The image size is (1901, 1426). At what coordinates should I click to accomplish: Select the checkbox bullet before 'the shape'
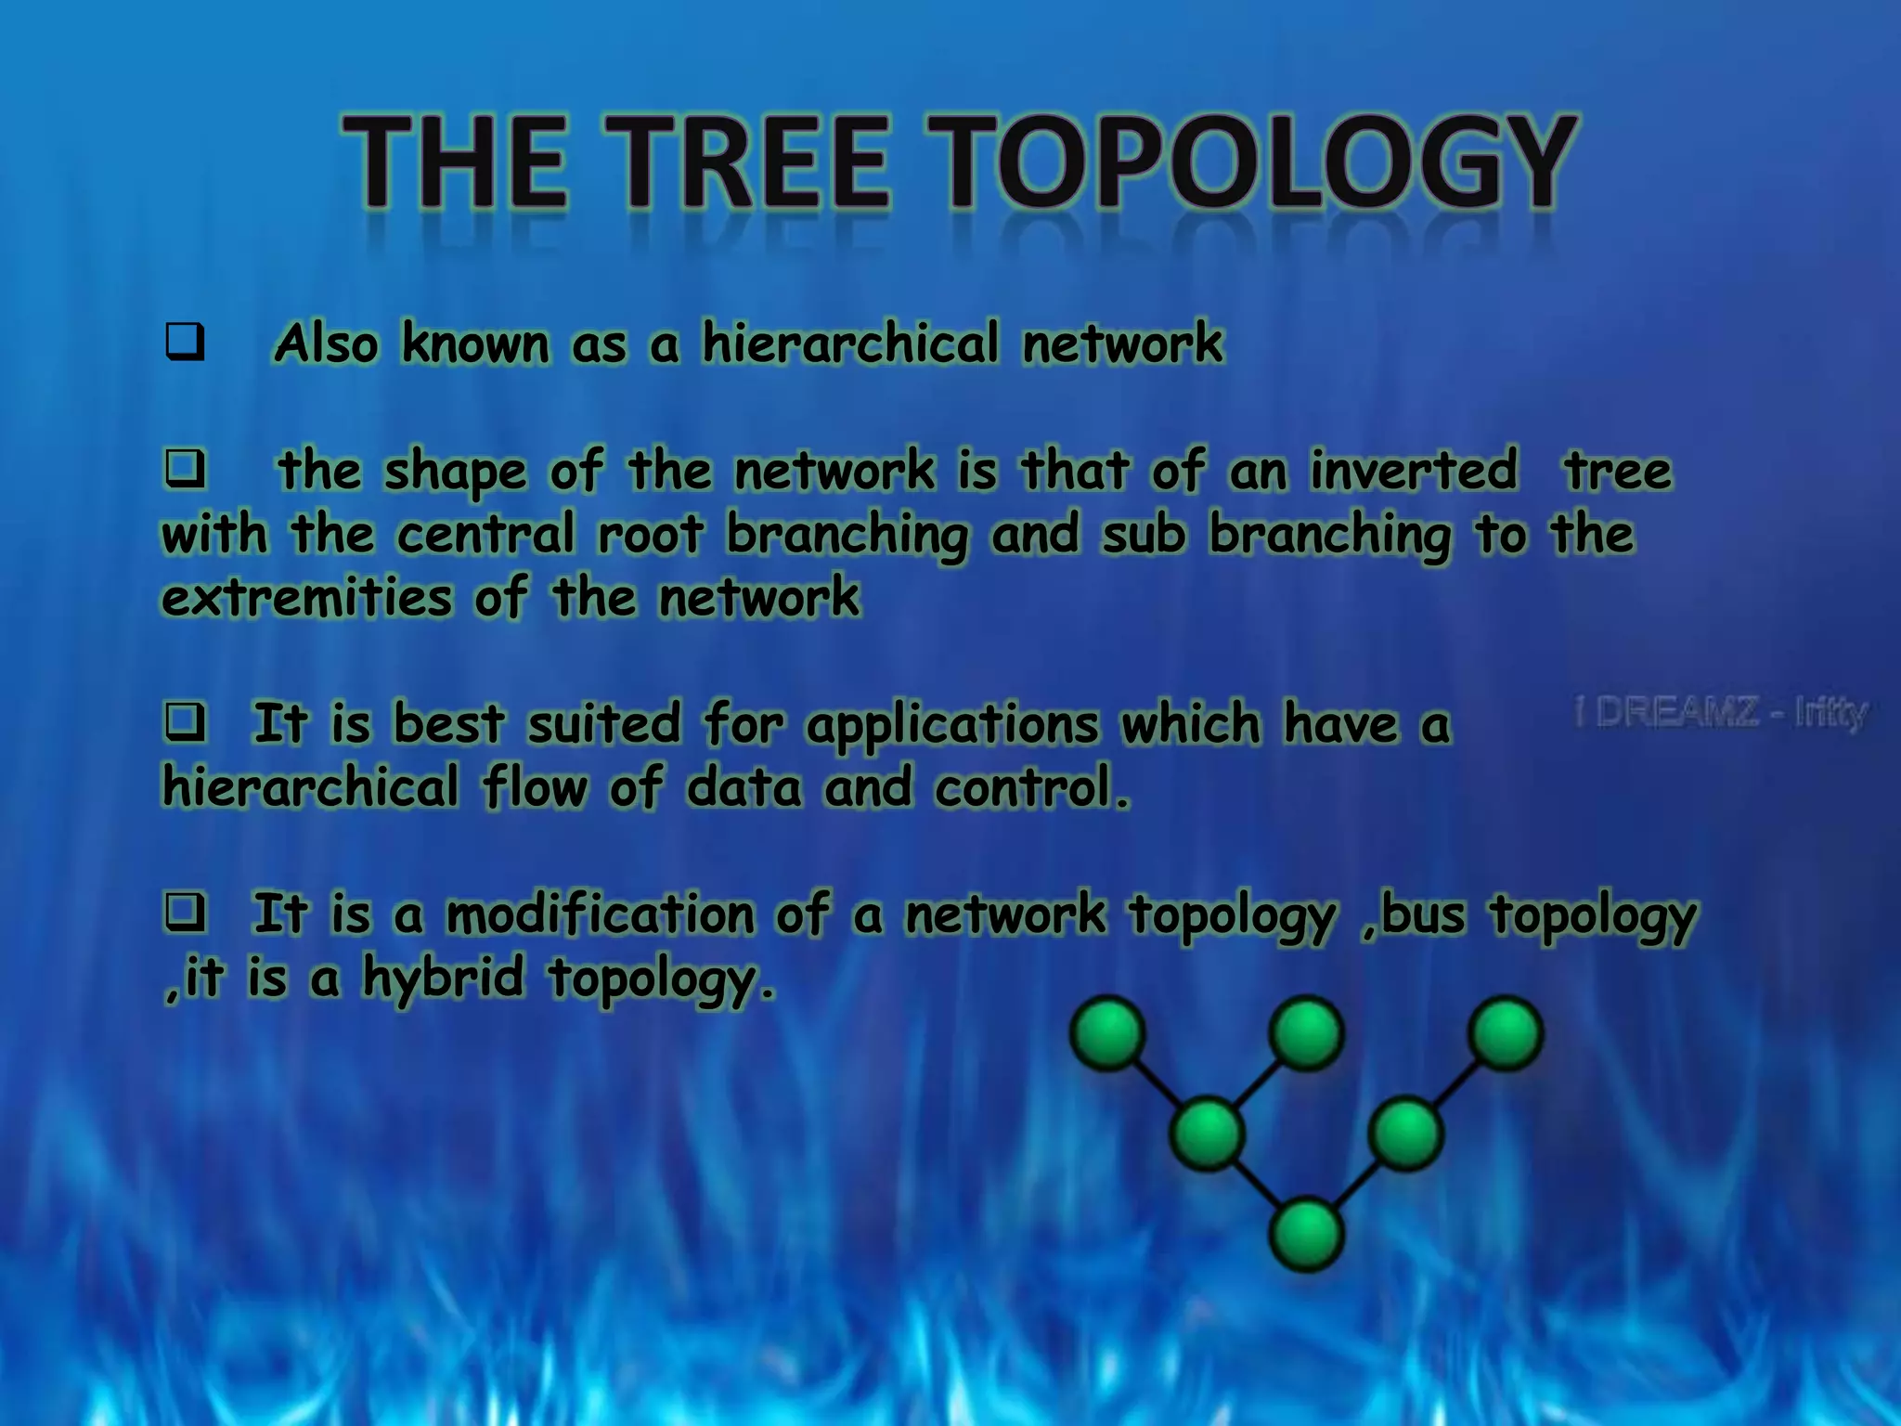coord(185,469)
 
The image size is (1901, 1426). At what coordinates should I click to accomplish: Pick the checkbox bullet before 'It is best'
coord(185,722)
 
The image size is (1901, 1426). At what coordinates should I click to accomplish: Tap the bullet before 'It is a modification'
coord(185,913)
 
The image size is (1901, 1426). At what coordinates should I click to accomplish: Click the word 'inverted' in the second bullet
coord(1414,470)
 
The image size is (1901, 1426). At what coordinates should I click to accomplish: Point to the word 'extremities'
coord(307,597)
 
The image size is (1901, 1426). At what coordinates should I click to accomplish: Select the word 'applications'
coord(952,725)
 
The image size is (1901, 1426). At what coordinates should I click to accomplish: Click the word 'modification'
coord(600,914)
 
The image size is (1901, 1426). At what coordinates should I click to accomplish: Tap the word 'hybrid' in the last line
coord(444,979)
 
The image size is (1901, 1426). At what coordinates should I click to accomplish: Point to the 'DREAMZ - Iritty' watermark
coord(1722,713)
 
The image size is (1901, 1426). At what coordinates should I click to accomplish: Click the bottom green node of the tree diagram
coord(1306,1235)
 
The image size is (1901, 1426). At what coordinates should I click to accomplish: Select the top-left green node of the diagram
coord(1106,1033)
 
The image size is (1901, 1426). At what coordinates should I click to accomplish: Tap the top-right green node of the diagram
coord(1506,1033)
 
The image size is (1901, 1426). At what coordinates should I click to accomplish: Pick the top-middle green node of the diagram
coord(1306,1033)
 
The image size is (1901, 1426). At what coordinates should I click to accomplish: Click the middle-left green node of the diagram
coord(1207,1134)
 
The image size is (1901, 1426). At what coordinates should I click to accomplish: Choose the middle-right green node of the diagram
coord(1406,1134)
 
